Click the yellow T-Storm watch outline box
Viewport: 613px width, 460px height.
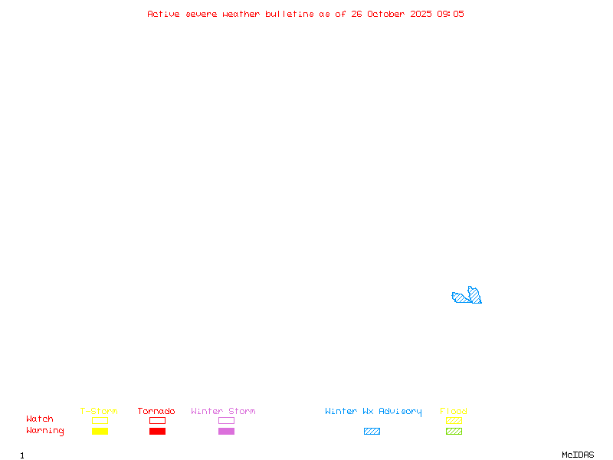coord(100,420)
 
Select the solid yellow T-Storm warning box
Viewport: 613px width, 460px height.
coord(100,431)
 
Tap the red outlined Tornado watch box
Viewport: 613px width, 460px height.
coord(157,420)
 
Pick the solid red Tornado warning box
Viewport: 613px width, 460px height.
coord(157,431)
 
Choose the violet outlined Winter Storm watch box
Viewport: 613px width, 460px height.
coord(226,420)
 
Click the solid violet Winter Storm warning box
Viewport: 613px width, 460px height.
coord(226,431)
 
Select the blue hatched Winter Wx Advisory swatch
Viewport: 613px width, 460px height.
coord(372,431)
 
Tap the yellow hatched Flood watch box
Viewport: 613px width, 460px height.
coord(454,420)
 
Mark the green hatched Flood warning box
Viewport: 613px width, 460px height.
coord(454,431)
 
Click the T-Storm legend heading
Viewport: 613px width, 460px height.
coord(99,411)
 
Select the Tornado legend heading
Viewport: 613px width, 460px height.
coord(156,411)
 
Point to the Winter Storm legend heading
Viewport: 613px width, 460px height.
coord(223,411)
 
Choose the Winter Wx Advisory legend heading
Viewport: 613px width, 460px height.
coord(373,411)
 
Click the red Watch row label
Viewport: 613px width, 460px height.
coord(40,419)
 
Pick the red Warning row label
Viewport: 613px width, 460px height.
coord(45,431)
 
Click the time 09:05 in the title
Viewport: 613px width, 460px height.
coord(451,14)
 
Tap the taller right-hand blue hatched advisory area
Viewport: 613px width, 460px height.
coord(475,296)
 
